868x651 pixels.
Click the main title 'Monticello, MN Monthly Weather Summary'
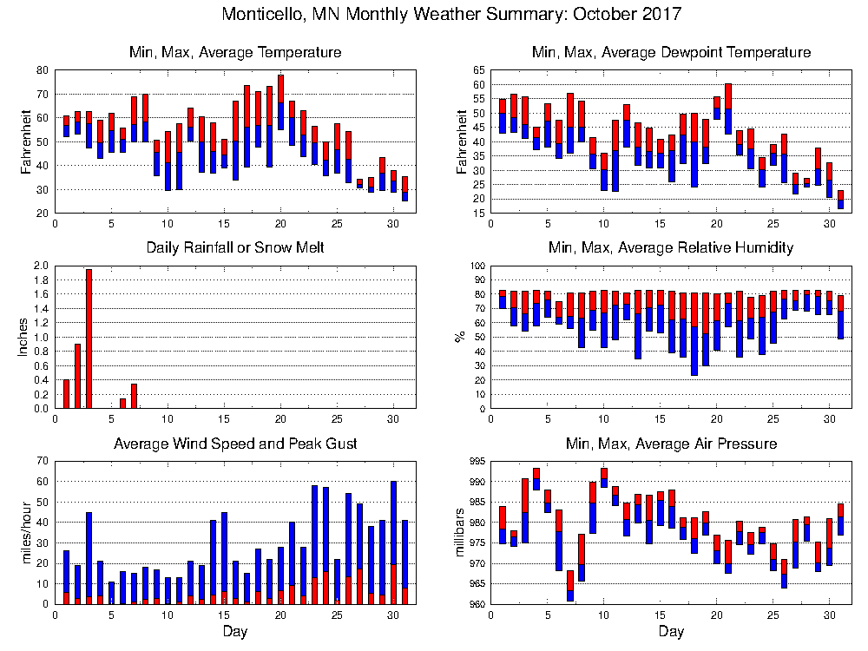[451, 15]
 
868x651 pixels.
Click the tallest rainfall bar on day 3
[89, 339]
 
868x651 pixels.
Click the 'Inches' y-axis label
[23, 338]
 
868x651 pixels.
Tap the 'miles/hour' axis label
[23, 532]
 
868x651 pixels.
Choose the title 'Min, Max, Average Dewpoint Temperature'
[671, 53]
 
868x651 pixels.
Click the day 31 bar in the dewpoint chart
[839, 200]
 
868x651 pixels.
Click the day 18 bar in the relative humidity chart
[694, 334]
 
